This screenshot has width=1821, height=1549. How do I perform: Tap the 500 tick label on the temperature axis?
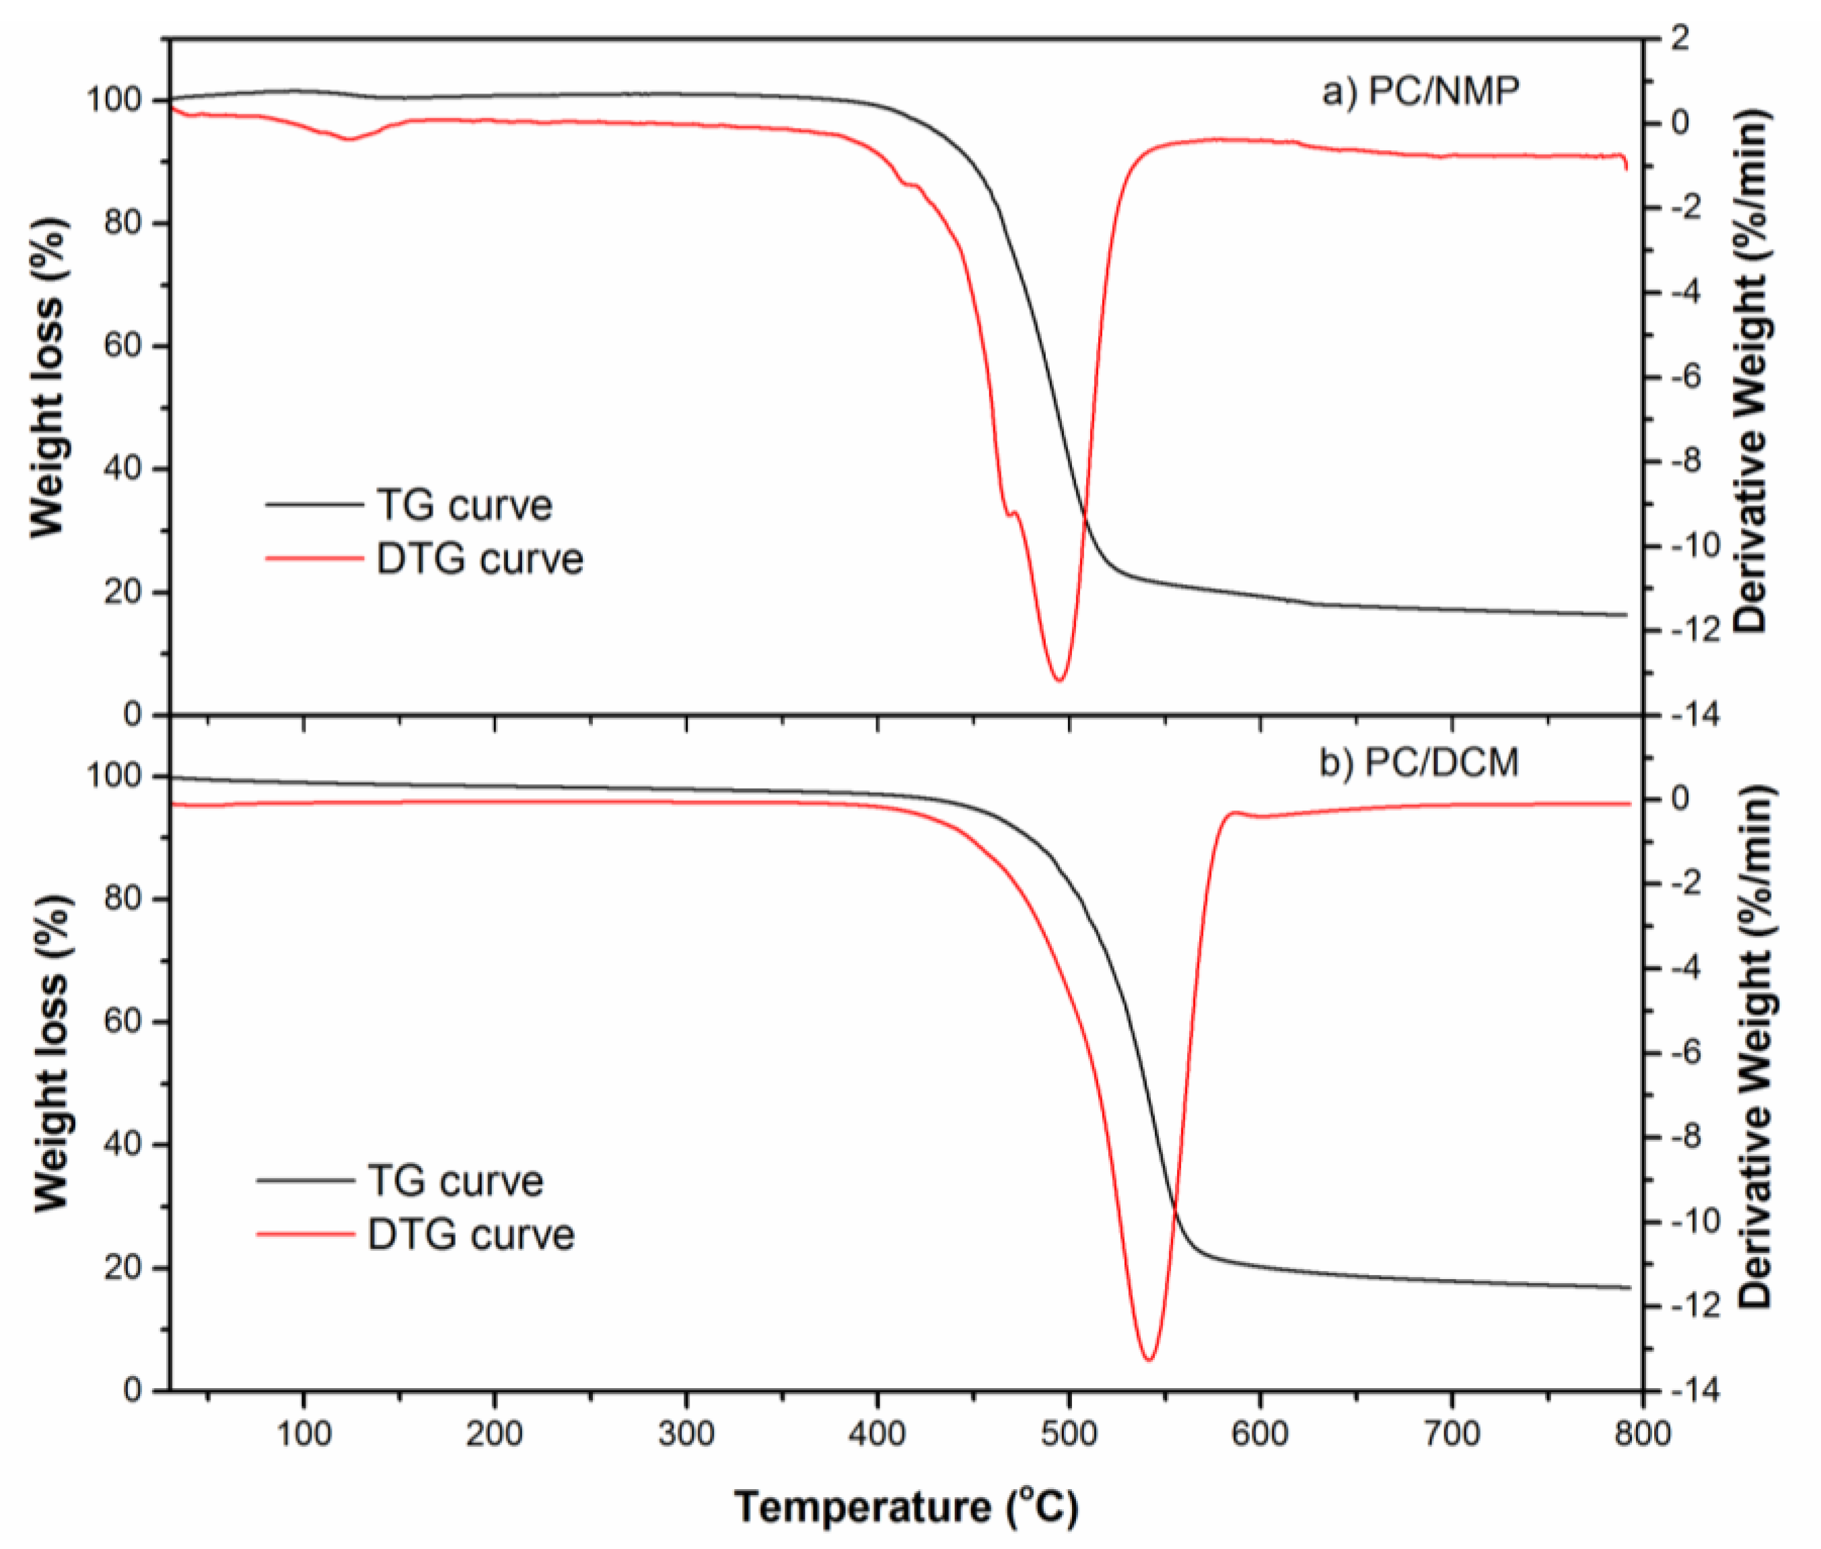coord(1068,1435)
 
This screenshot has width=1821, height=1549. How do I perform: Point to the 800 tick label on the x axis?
coord(1642,1435)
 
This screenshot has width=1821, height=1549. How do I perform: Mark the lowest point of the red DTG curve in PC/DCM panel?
coord(1149,1360)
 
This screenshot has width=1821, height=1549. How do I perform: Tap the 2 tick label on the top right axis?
coord(1680,38)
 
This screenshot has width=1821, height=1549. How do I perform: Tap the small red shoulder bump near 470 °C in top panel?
coord(1014,512)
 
